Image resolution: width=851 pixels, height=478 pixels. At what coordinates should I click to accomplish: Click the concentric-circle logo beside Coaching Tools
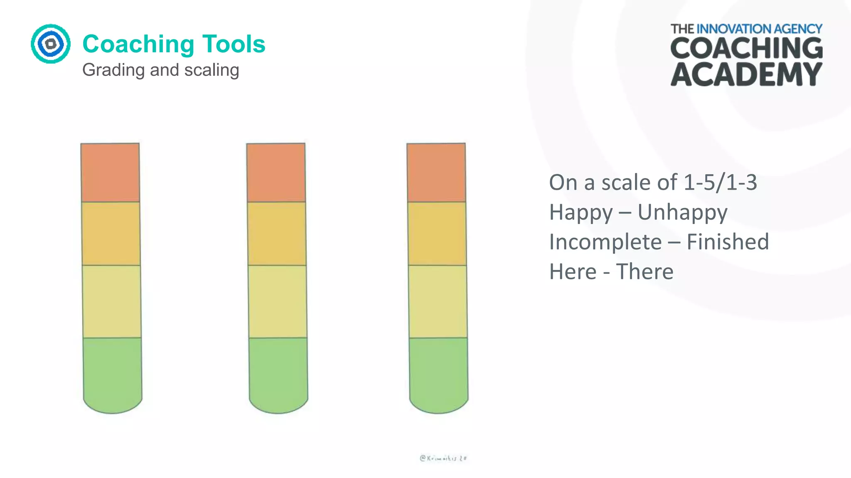point(51,44)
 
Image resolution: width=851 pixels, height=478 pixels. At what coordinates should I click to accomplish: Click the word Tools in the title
point(234,44)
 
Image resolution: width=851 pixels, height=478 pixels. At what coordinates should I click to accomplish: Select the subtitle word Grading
point(113,70)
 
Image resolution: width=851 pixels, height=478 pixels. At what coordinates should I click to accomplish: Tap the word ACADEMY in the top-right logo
point(746,75)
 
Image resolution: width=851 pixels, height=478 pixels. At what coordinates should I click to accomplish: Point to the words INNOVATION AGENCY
point(759,29)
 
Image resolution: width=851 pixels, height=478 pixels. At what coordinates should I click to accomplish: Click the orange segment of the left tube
point(110,173)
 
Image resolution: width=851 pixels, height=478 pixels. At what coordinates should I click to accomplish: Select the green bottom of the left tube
point(112,373)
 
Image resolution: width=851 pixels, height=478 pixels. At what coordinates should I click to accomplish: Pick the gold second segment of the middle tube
point(277,233)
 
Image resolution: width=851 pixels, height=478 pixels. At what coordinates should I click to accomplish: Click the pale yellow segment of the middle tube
point(278,301)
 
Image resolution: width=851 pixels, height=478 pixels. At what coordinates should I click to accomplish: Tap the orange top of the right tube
point(436,173)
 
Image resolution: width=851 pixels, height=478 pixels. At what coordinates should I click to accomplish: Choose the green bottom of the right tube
point(439,373)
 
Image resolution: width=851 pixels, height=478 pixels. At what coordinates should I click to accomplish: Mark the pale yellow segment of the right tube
point(438,301)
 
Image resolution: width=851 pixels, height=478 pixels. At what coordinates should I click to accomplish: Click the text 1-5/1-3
point(720,183)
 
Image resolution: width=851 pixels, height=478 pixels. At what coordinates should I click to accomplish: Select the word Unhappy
point(682,212)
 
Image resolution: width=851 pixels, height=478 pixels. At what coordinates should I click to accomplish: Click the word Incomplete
point(605,242)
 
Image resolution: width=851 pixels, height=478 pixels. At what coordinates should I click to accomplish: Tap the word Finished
point(728,242)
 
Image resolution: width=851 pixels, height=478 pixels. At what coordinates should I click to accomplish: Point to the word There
point(644,272)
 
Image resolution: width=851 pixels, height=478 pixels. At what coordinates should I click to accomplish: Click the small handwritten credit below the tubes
point(443,458)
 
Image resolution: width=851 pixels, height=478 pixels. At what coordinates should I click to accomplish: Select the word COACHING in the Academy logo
point(746,49)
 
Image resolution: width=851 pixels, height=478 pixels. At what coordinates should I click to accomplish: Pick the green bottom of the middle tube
point(278,373)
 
